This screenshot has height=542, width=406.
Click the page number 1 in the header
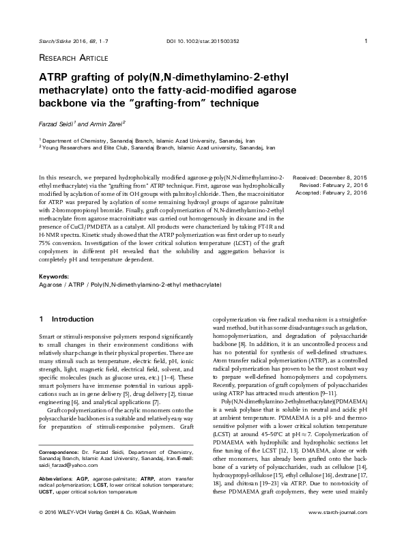click(367, 41)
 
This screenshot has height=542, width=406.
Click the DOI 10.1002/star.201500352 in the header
click(203, 41)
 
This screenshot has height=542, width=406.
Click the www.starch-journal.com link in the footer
click(338, 530)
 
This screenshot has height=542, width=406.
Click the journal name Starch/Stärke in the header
click(57, 41)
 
